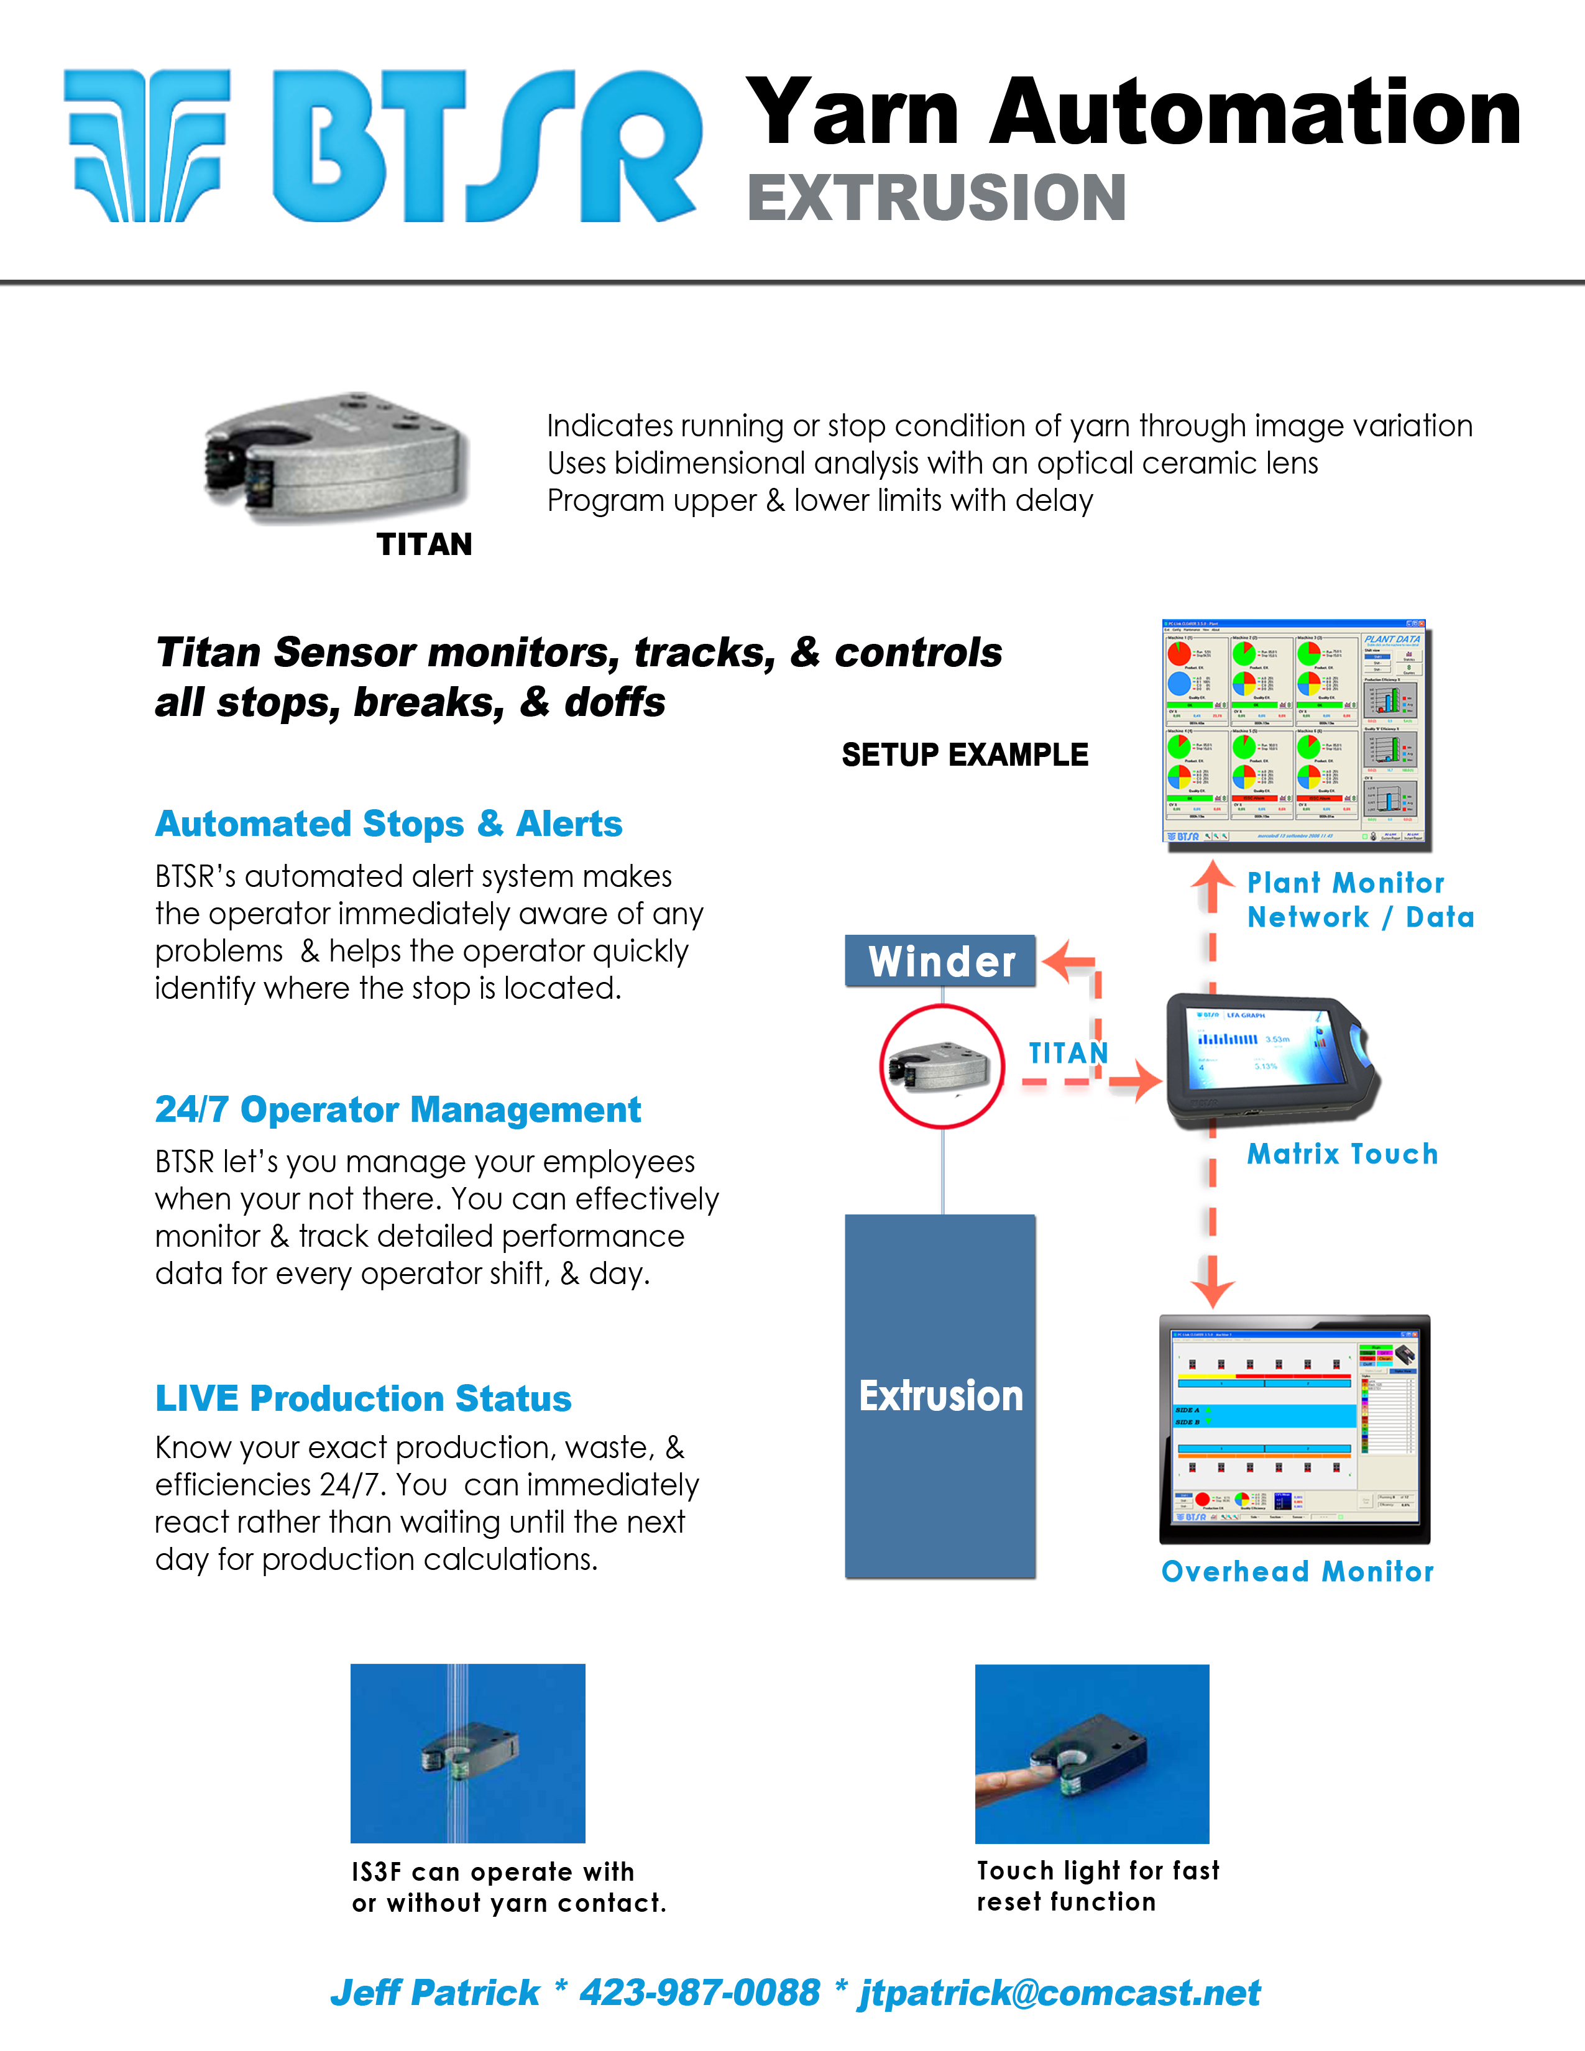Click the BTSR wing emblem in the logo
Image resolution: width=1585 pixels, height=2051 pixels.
(149, 145)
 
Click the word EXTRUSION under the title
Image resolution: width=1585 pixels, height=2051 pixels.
(936, 198)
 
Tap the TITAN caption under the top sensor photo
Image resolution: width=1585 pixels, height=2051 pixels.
(425, 544)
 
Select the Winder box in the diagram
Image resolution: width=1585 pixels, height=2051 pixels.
(940, 961)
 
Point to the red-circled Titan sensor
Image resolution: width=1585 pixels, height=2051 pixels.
(942, 1067)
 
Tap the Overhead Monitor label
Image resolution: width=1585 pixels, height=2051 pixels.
(1298, 1572)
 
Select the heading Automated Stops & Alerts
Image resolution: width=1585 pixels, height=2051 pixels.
(388, 824)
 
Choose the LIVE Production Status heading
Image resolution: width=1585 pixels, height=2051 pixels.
(364, 1398)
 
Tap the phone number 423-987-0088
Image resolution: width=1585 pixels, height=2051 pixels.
(699, 1993)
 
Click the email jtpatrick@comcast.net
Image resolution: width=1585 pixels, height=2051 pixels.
(1059, 1993)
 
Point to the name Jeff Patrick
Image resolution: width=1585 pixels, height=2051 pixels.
(434, 1993)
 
